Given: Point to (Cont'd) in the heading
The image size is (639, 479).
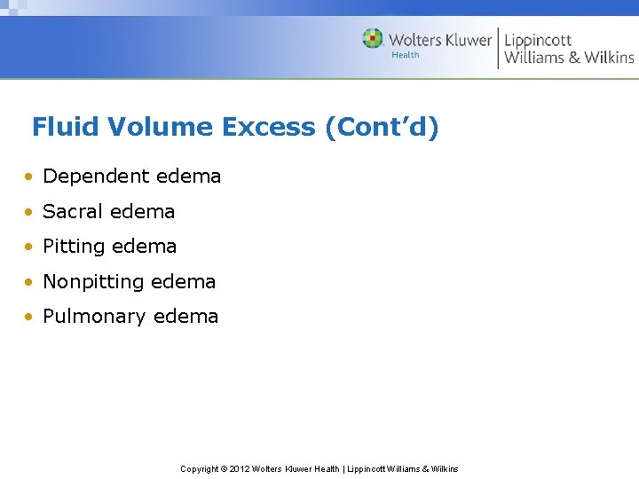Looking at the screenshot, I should point(382,128).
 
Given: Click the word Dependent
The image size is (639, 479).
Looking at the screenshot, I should point(85,177).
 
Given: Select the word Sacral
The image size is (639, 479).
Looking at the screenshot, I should point(71,212).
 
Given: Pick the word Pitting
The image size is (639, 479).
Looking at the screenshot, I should point(73,247).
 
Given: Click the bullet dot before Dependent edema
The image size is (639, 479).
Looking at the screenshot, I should point(29,177).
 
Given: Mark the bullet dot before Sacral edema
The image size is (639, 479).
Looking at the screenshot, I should point(29,212).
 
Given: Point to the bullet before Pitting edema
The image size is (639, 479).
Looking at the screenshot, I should point(29,247).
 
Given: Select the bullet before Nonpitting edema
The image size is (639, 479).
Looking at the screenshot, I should point(29,282).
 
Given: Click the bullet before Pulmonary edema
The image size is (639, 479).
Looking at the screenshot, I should point(29,317).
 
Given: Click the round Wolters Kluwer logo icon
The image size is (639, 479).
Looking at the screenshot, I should point(373,39).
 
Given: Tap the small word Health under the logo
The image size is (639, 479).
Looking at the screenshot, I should point(406,55).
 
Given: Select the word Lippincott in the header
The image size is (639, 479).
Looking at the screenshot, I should point(538,39).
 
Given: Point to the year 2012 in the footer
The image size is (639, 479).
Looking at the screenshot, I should point(240,468).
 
